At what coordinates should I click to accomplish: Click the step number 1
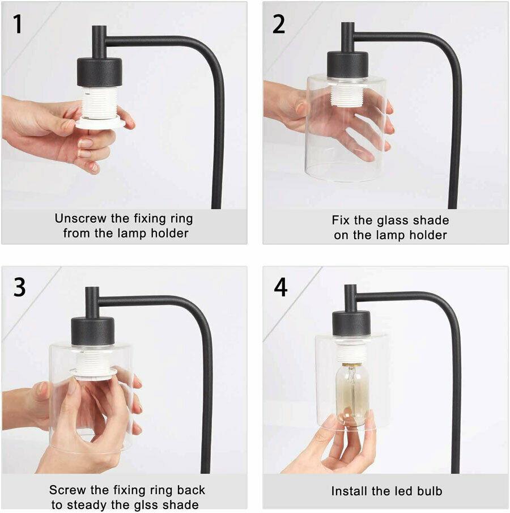18,24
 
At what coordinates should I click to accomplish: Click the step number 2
278,24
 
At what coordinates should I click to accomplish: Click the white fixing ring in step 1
99,124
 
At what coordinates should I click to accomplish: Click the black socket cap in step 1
99,71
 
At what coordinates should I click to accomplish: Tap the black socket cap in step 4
351,323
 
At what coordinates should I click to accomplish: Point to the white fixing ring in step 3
93,372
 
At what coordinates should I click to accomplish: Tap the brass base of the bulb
351,365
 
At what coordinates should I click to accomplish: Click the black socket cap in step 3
92,331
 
